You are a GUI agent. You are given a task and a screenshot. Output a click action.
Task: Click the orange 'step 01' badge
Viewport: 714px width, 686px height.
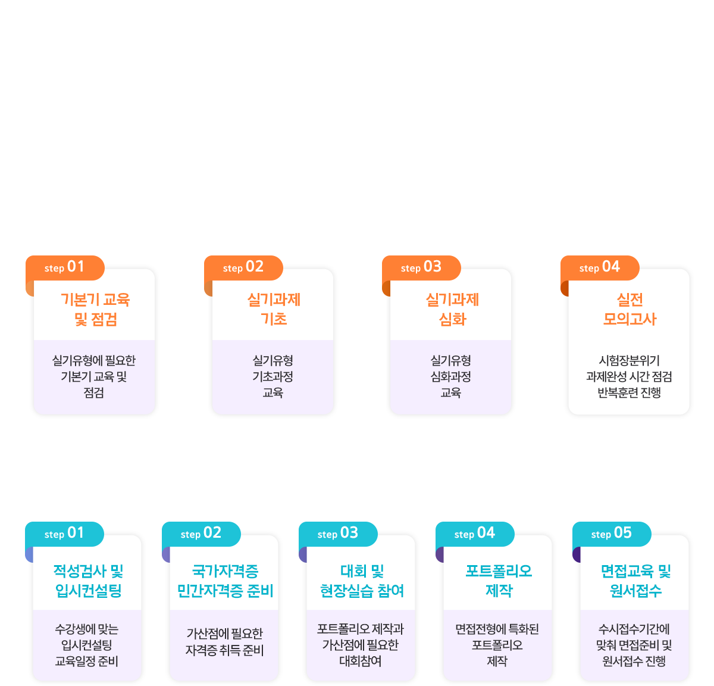tap(65, 267)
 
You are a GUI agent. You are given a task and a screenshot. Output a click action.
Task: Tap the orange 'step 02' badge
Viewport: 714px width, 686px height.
tap(243, 267)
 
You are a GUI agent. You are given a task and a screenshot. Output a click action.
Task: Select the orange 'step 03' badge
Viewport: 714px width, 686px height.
tap(421, 267)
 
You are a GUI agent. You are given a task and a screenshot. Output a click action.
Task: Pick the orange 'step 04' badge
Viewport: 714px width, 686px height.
tap(600, 267)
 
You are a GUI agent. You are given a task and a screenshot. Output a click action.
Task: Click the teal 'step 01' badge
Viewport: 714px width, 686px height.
tap(64, 534)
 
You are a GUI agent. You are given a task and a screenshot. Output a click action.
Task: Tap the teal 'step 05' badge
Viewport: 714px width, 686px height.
tap(612, 534)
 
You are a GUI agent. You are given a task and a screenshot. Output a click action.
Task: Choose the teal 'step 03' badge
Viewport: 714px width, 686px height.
tap(338, 534)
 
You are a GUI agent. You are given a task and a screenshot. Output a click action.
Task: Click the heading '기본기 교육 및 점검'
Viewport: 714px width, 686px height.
tap(95, 310)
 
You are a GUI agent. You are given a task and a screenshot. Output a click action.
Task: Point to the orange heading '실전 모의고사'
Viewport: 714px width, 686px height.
tap(630, 310)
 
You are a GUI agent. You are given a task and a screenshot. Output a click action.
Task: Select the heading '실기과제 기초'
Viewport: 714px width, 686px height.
tap(274, 310)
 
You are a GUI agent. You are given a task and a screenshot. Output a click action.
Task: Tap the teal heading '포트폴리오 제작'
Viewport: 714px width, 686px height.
tap(499, 581)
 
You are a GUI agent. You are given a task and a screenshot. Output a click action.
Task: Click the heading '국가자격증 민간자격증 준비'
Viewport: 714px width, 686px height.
tap(225, 581)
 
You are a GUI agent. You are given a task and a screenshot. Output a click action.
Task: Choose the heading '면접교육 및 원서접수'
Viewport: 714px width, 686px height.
tap(635, 581)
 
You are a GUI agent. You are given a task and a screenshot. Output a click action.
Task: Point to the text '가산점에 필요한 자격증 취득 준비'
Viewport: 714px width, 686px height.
tap(224, 642)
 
